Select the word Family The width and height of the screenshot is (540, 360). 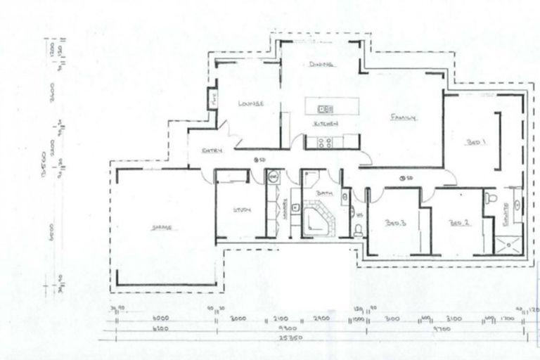404,117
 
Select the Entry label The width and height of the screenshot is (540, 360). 212,150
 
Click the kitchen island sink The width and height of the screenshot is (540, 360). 325,109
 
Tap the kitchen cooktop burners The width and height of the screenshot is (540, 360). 325,143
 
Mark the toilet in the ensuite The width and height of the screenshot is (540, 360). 491,199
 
